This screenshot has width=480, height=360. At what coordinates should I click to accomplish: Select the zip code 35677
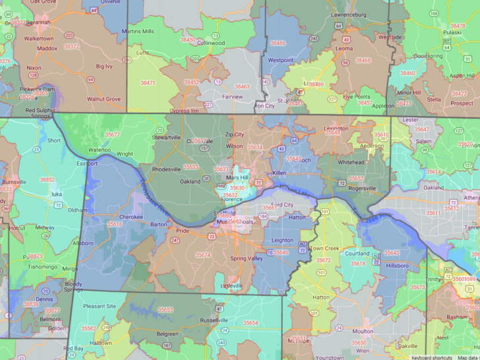click(112, 135)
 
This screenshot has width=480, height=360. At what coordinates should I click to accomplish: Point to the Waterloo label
click(100, 150)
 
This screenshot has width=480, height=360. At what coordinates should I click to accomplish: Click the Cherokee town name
click(131, 216)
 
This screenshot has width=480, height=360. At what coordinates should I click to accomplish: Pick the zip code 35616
click(115, 224)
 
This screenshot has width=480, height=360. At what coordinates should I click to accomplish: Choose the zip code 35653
click(165, 309)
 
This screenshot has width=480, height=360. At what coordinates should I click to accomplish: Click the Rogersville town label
click(362, 188)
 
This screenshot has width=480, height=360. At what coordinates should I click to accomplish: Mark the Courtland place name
click(357, 253)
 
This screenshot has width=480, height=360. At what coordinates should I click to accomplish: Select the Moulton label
click(362, 332)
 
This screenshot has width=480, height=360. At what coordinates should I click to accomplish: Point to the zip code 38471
click(148, 83)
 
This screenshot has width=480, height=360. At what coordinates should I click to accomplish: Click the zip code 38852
click(47, 179)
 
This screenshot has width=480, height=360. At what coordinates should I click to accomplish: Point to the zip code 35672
click(323, 260)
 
